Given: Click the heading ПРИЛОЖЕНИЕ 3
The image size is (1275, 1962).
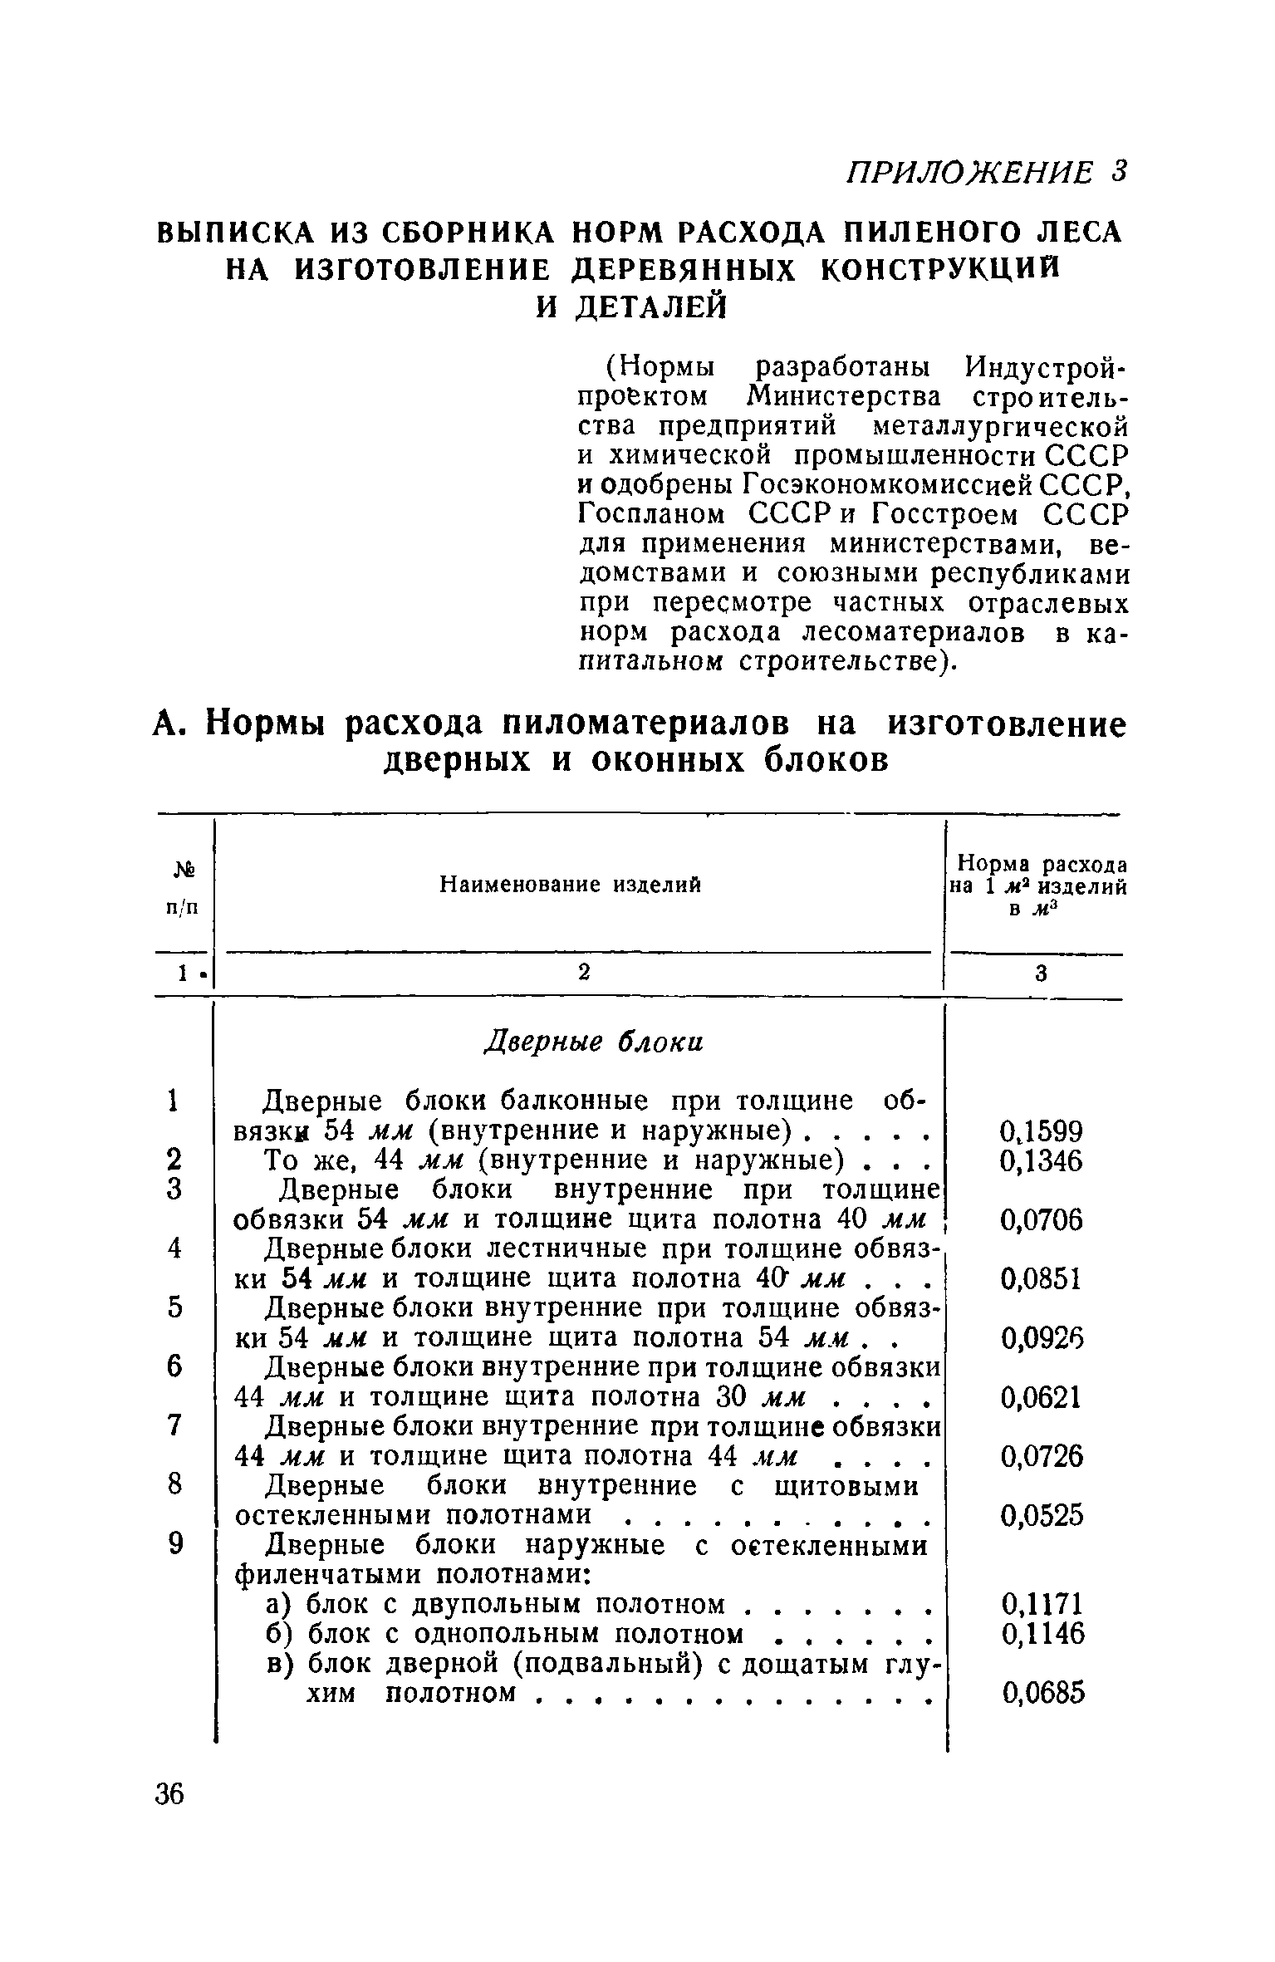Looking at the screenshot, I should point(984,172).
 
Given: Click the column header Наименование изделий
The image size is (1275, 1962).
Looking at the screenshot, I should point(570,885).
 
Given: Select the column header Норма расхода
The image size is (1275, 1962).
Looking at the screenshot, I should point(1042,864).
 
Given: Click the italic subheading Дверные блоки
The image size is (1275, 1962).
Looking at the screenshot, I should point(593,1042).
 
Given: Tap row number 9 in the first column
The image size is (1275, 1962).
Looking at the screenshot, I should point(174,1544).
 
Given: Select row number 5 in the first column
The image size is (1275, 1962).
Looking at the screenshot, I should point(174,1308).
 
